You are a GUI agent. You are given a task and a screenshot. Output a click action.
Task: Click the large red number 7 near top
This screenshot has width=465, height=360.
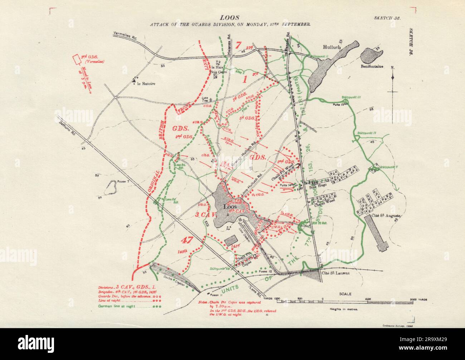point(239,45)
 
